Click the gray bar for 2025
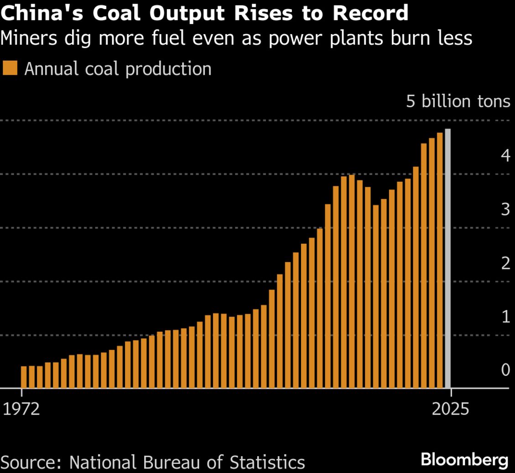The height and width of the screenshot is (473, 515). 447,258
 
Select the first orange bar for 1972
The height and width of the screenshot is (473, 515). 24,377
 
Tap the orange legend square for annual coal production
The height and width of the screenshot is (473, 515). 10,68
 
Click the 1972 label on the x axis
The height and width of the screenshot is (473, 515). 21,409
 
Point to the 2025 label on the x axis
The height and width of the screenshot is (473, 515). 451,409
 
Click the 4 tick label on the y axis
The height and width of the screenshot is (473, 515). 505,155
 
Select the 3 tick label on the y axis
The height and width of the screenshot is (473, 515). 505,209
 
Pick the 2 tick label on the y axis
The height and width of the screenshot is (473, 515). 505,263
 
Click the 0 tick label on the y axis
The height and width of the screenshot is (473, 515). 505,370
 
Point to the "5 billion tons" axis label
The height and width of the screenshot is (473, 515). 458,101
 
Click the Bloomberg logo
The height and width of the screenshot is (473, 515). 465,460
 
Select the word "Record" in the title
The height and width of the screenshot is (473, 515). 370,14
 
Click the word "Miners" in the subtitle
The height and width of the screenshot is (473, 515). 29,38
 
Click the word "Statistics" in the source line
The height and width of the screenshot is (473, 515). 267,462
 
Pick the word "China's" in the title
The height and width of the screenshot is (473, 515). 42,14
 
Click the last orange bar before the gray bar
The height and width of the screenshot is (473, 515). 440,261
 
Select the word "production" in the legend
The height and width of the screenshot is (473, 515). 168,69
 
